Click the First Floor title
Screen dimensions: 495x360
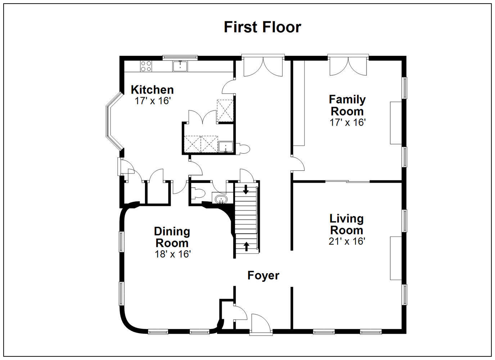(262, 27)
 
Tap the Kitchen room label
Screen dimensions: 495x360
(152, 90)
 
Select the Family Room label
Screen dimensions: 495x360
(347, 105)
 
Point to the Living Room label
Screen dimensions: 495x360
(346, 225)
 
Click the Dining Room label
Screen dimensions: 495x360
(172, 237)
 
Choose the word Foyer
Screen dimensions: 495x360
(263, 276)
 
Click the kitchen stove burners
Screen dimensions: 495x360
(146, 66)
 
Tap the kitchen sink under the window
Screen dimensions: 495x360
(180, 66)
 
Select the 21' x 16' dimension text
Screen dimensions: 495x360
(346, 241)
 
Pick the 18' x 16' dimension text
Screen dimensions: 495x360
(172, 254)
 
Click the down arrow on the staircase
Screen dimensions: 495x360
(246, 189)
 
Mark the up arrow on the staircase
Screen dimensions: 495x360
(246, 246)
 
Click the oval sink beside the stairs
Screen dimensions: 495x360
(221, 199)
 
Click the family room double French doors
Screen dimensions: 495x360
(348, 67)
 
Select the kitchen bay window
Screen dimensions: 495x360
(114, 121)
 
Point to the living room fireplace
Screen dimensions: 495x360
(396, 258)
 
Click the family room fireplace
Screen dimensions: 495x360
(396, 123)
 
